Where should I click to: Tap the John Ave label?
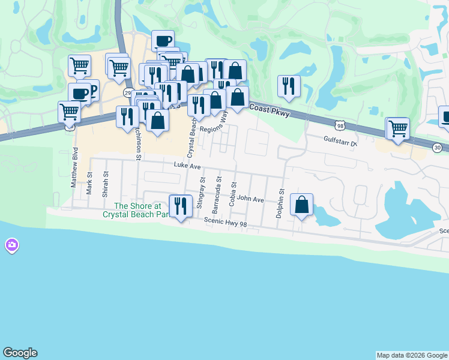(250, 199)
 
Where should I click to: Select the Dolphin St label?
(280, 204)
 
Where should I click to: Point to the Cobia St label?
(233, 195)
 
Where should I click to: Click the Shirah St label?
(105, 184)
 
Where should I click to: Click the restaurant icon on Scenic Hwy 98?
(179, 206)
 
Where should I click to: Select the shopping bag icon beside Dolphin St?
(301, 205)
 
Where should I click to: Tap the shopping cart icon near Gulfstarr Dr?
(397, 128)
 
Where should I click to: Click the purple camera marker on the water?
(11, 245)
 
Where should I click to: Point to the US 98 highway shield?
(340, 124)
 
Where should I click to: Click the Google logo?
(20, 353)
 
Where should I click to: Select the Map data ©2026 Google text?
(412, 355)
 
